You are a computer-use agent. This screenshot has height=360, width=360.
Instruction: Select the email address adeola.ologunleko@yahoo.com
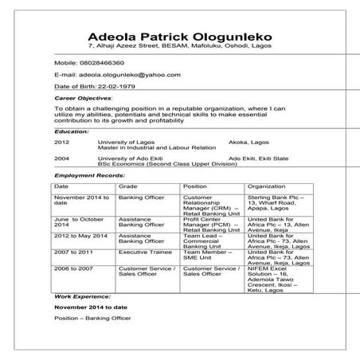click(x=123, y=74)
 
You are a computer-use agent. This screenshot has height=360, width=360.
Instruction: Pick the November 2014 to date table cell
click(x=80, y=200)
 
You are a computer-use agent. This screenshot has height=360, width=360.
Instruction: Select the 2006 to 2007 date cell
click(x=74, y=269)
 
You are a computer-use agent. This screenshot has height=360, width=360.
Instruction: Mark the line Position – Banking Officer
click(x=92, y=318)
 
